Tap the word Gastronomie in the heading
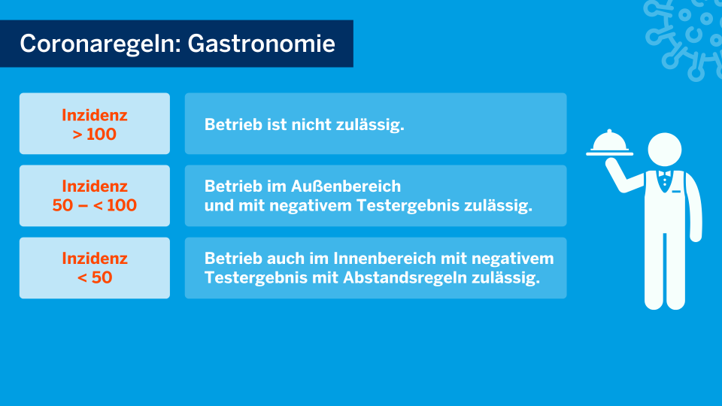point(261,44)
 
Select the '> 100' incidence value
point(95,135)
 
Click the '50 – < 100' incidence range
point(95,205)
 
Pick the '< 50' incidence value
point(95,277)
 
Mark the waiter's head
point(664,150)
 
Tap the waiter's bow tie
point(664,174)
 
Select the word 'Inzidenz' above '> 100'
point(95,115)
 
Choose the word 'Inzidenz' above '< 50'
point(95,258)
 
